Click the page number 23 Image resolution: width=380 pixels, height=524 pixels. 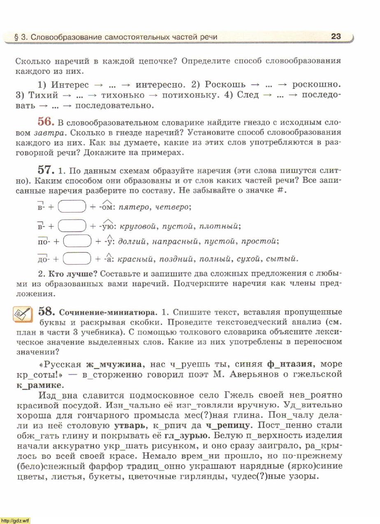[x=336, y=36]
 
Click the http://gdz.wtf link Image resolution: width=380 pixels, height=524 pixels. [x=15, y=520]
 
